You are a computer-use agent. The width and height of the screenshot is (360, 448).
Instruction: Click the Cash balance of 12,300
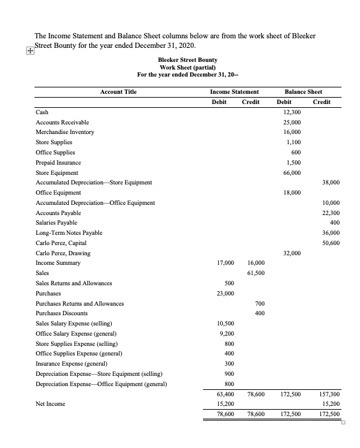[x=292, y=112]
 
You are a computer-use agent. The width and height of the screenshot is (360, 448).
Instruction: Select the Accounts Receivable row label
[x=63, y=122]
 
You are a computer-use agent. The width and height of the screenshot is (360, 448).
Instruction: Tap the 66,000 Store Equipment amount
[x=292, y=172]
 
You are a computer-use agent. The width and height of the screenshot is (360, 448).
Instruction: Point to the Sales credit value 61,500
[x=255, y=273]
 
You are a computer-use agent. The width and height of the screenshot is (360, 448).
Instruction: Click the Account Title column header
[x=118, y=92]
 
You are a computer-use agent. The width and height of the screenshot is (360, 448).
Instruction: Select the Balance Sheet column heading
[x=308, y=92]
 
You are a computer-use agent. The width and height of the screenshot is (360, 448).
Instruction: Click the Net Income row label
[x=50, y=403]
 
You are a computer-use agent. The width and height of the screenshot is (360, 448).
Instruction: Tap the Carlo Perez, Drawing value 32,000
[x=292, y=253]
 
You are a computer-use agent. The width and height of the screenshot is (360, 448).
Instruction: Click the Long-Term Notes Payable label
[x=69, y=233]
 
